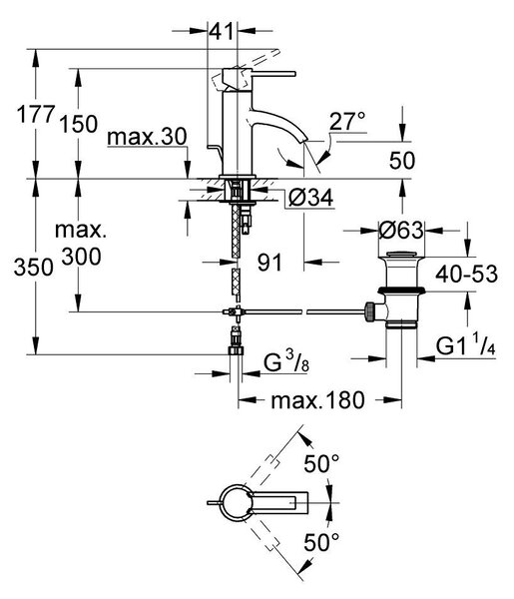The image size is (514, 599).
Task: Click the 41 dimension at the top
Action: click(x=222, y=31)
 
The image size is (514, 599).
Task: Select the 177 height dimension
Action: click(x=36, y=114)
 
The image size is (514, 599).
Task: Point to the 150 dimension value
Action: click(x=79, y=124)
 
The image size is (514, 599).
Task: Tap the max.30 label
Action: click(x=147, y=137)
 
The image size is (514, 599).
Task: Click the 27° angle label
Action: click(x=347, y=121)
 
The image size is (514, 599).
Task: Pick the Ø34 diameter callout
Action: click(x=310, y=198)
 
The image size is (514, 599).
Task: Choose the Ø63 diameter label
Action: click(x=401, y=231)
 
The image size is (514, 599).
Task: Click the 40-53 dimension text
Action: click(x=467, y=274)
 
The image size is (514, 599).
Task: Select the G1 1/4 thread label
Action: click(x=466, y=346)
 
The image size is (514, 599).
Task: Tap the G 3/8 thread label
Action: click(x=286, y=361)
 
